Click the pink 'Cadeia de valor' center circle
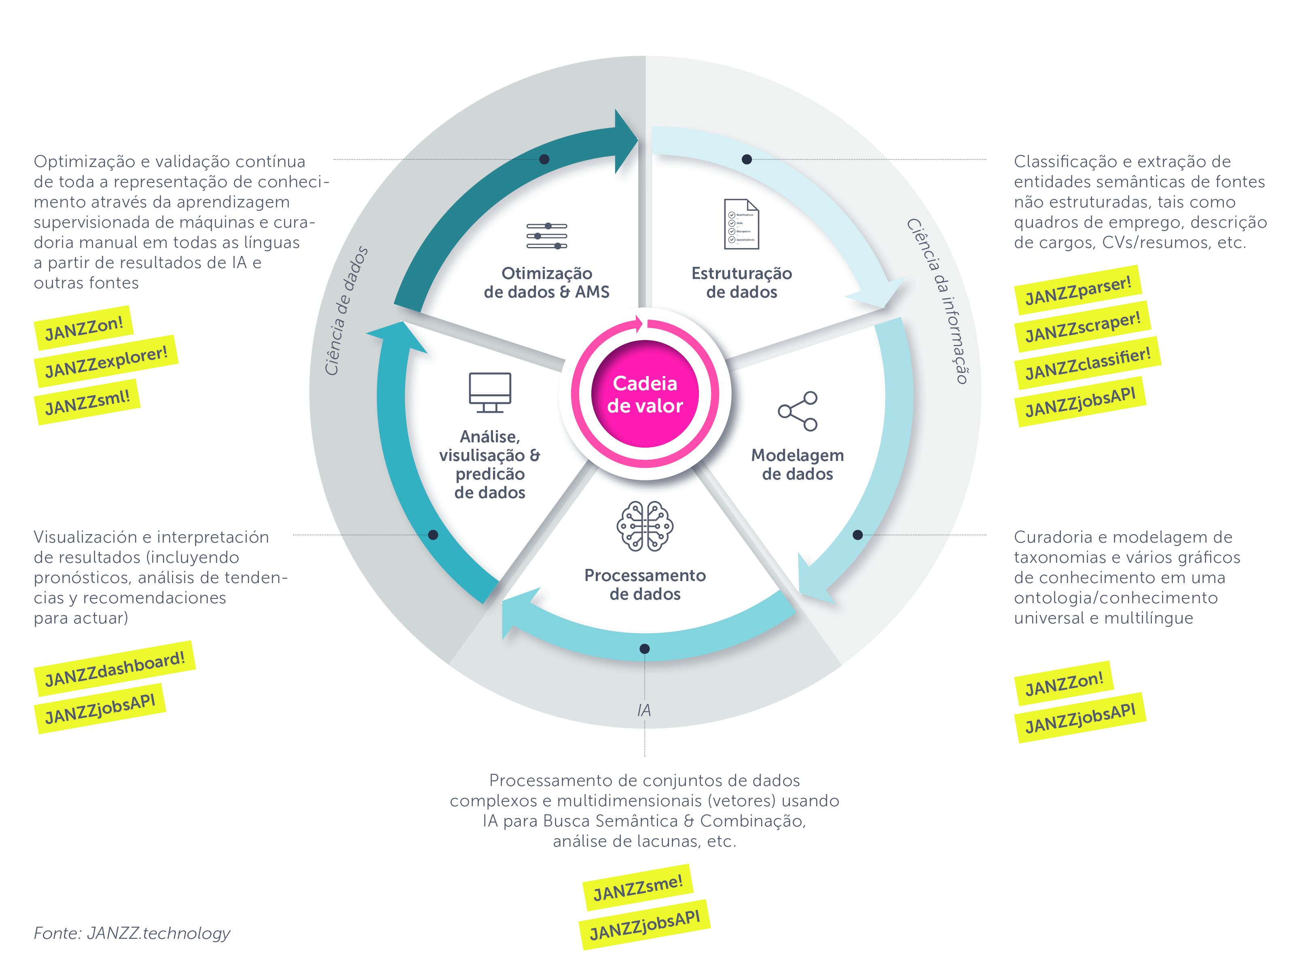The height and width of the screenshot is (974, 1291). tap(645, 394)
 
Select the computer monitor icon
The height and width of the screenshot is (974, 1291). tap(490, 392)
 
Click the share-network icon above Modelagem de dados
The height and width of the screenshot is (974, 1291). tap(798, 412)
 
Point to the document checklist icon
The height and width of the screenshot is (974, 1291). tap(741, 224)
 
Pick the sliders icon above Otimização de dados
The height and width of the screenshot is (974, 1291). tap(546, 236)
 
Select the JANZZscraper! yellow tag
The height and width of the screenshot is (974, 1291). tap(1083, 327)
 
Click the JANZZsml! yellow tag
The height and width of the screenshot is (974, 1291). tap(87, 402)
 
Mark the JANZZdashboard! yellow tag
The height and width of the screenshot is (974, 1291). tap(114, 669)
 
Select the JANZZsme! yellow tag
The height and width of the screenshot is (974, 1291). tap(637, 887)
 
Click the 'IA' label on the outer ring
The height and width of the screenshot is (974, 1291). tap(644, 710)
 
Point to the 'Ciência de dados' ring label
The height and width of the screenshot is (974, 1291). tap(346, 311)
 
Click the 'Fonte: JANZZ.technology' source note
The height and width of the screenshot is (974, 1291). tap(132, 933)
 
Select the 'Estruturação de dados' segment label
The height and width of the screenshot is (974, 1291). tap(741, 283)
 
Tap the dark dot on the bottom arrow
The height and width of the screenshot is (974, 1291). tap(644, 649)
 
